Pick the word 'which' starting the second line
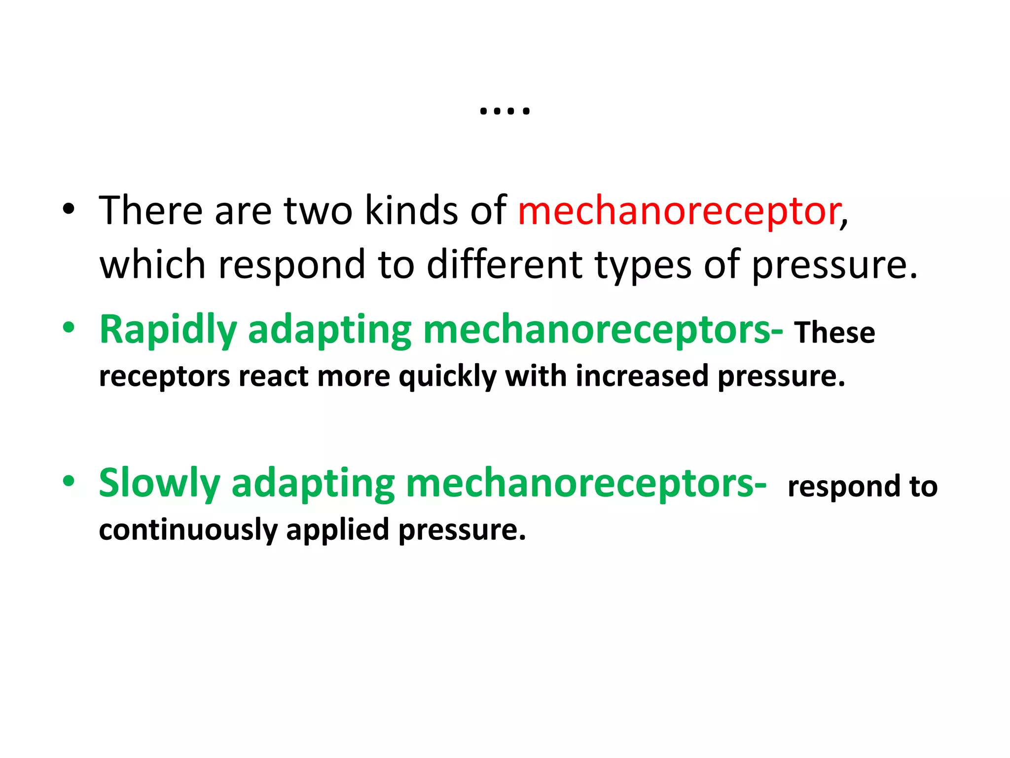point(152,265)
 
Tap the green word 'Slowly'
point(159,484)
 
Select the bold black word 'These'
point(834,333)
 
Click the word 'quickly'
point(447,377)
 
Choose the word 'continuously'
point(188,531)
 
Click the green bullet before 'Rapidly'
point(69,328)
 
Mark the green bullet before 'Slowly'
point(69,481)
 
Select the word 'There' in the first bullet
point(150,211)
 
